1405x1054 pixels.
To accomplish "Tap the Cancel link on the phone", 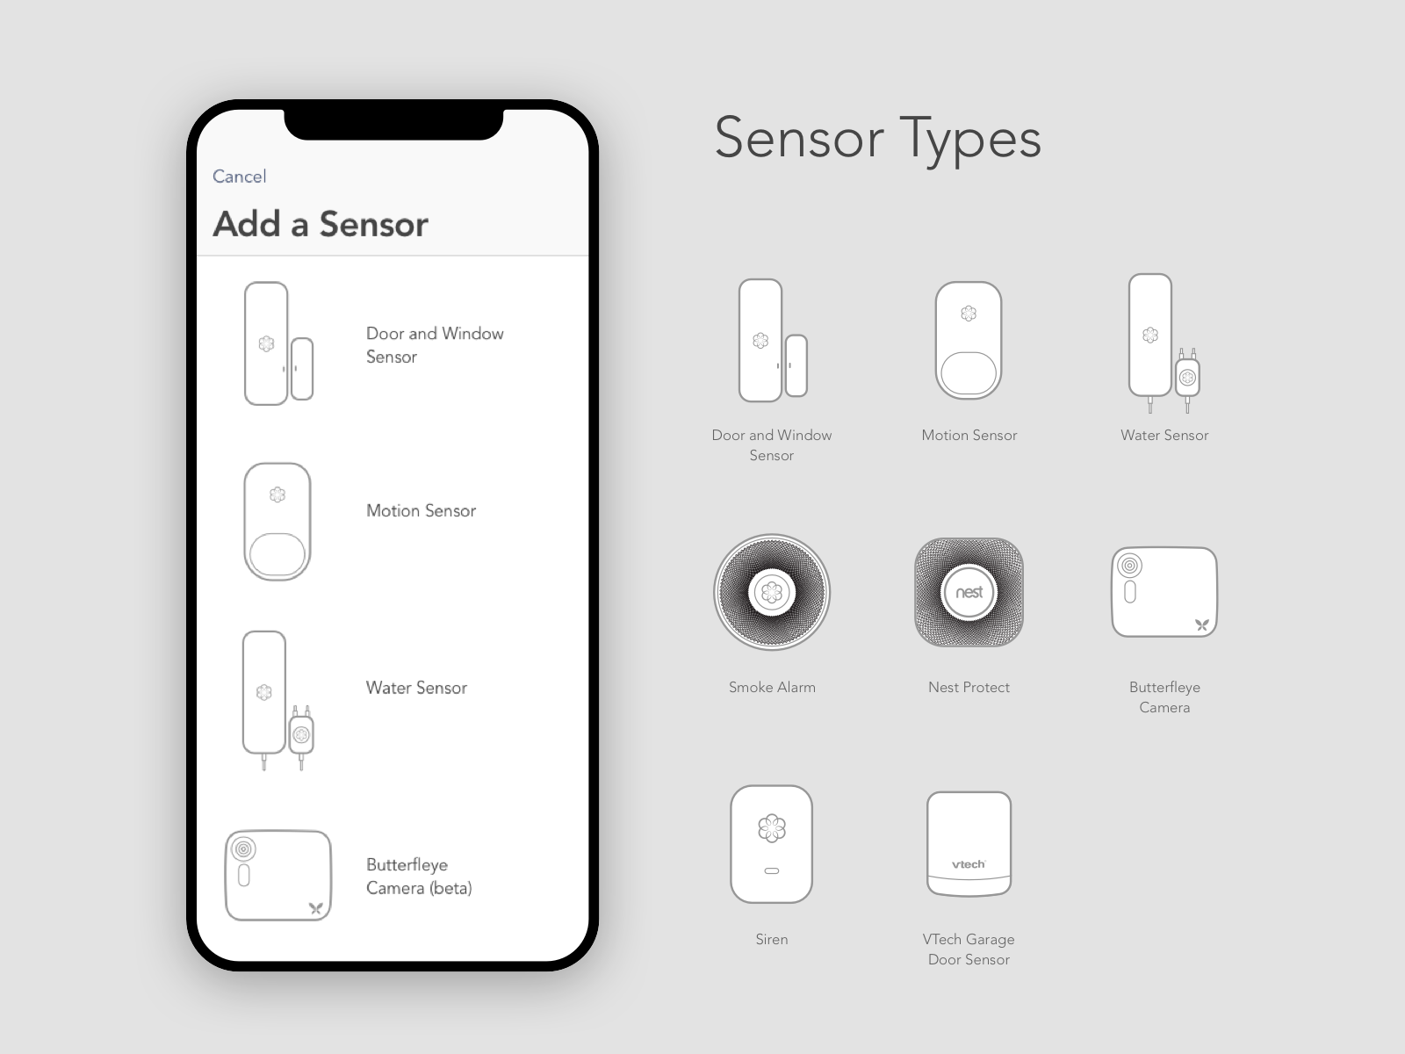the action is [240, 177].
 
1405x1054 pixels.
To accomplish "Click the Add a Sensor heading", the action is [321, 224].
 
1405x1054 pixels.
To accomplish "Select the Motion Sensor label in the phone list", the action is [421, 510].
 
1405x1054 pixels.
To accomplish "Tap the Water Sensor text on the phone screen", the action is [416, 688].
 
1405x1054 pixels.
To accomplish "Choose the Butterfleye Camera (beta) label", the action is [419, 877].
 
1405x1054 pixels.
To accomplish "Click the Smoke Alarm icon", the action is [772, 593].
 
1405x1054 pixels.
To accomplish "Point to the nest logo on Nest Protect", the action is [969, 593].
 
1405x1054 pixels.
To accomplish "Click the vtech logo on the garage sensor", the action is [969, 864].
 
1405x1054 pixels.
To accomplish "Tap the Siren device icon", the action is [771, 844].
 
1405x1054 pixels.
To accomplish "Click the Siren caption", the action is [771, 940].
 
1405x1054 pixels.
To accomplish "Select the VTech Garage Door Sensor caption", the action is [969, 949].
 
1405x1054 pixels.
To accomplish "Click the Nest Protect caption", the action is [969, 688].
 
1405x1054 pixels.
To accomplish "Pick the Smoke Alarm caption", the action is [772, 688].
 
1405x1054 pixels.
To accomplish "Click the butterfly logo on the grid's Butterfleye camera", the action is [1202, 624].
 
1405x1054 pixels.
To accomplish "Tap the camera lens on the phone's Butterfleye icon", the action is [243, 849].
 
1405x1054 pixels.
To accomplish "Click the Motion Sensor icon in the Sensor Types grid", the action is [969, 341].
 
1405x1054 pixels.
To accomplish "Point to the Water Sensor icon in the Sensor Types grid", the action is [1164, 343].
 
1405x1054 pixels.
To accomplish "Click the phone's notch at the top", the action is [393, 124].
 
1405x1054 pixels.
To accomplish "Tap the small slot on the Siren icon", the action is [771, 871].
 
